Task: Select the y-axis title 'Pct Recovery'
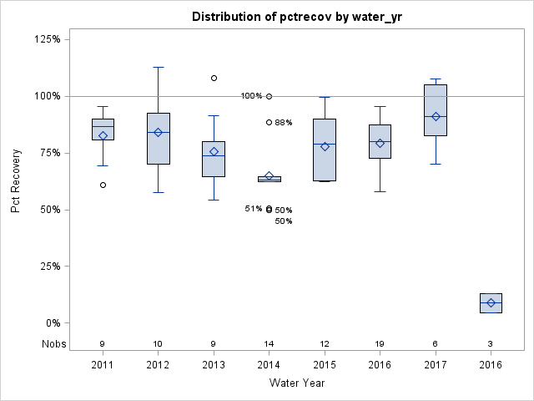click(17, 181)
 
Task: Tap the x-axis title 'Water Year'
click(297, 383)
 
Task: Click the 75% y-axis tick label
click(48, 153)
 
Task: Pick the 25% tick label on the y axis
click(48, 266)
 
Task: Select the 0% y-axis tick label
click(52, 323)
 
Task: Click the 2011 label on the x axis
click(103, 366)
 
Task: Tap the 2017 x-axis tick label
click(436, 366)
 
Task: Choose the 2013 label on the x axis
click(214, 366)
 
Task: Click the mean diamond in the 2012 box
click(158, 132)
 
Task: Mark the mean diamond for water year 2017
click(436, 116)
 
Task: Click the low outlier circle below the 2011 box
click(103, 185)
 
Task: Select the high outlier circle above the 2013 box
click(214, 78)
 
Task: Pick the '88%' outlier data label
click(284, 123)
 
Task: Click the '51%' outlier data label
click(254, 209)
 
